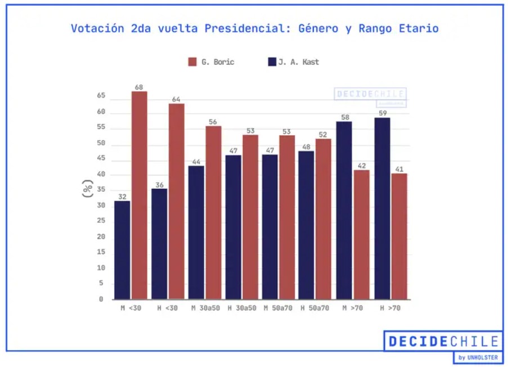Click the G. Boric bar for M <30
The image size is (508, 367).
point(140,195)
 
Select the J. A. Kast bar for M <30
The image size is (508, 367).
point(122,250)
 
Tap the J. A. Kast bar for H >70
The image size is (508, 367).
point(382,208)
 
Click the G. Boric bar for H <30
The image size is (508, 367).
point(176,201)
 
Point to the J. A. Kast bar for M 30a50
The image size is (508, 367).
point(196,232)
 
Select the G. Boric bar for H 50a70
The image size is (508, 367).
point(323,219)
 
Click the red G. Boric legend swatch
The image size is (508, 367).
point(192,62)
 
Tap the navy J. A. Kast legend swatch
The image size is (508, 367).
point(272,62)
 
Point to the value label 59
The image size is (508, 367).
point(382,113)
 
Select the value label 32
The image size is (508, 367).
point(122,197)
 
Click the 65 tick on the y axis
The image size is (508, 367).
point(101,96)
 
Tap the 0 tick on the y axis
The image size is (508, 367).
point(101,299)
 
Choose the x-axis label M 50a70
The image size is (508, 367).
point(278,308)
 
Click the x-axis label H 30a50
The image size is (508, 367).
point(241,308)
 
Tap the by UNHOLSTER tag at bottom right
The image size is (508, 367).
point(478,357)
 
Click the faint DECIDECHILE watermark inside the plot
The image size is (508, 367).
point(370,94)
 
